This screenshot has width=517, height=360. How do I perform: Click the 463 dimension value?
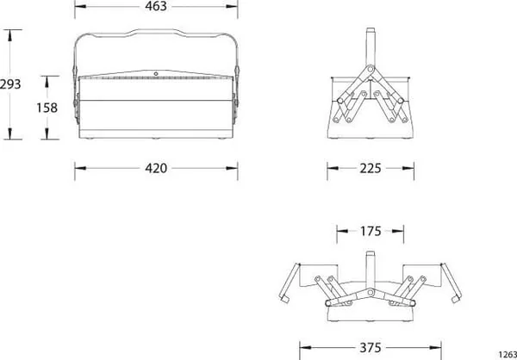pos(156,6)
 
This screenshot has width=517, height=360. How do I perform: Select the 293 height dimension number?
pos(10,84)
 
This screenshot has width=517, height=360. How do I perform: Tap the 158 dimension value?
pos(47,108)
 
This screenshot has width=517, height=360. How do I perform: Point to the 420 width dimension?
pos(156,169)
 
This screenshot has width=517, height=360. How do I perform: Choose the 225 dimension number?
pos(371,169)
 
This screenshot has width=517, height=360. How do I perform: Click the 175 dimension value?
pos(371,232)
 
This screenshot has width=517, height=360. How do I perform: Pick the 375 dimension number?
pos(371,348)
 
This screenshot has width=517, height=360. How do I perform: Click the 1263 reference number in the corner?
pos(508,354)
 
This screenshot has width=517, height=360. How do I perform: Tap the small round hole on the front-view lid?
pos(156,74)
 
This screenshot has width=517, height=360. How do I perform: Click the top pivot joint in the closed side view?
pos(371,69)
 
